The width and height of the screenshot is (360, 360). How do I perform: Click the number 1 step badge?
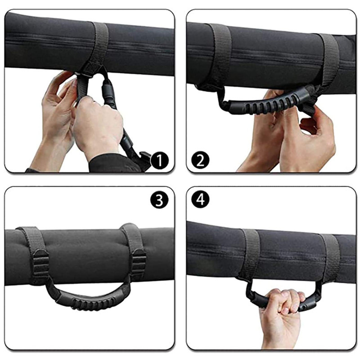160,161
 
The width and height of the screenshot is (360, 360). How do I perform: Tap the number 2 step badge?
200,160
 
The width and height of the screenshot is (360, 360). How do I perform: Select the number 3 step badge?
159,200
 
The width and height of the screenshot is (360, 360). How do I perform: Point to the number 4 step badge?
200,199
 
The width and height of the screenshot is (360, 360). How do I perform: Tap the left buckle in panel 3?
41,264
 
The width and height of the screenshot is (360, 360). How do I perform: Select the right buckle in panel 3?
139,262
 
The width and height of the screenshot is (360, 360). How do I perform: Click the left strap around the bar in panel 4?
250,252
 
